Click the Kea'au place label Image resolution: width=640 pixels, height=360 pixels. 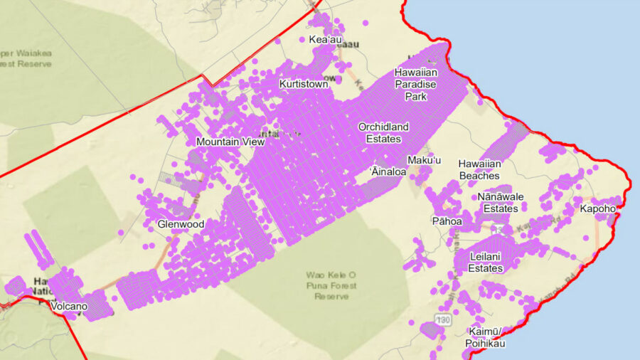[x=324, y=40]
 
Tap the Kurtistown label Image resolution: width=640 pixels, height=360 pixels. [x=304, y=84]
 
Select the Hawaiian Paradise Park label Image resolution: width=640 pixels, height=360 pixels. [x=416, y=84]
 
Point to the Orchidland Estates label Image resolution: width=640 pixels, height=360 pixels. [x=383, y=132]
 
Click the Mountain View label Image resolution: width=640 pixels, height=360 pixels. [x=230, y=142]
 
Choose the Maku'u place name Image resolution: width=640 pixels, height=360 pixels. [x=425, y=160]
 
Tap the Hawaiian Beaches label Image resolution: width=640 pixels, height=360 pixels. [x=479, y=169]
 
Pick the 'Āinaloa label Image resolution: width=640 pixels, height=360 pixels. [x=388, y=171]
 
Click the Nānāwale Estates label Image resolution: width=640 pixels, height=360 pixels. [x=500, y=202]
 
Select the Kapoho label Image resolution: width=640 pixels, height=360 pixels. [x=597, y=208]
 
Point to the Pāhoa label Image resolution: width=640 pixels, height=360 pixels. [x=447, y=221]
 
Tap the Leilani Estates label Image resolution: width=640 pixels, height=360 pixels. [x=486, y=262]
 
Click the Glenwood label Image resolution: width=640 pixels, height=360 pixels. [x=181, y=224]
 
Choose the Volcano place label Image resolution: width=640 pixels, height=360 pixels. [x=69, y=307]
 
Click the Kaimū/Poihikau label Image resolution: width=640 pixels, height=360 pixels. [x=487, y=337]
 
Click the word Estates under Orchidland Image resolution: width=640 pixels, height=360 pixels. [x=383, y=139]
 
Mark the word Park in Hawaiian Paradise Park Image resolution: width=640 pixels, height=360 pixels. [x=416, y=96]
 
